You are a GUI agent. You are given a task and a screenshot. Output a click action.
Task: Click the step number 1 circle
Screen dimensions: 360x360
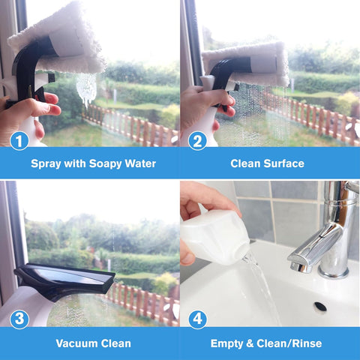19,139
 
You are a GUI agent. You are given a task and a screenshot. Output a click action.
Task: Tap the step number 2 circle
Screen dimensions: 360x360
197,139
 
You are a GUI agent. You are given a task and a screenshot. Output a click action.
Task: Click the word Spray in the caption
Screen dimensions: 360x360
46,163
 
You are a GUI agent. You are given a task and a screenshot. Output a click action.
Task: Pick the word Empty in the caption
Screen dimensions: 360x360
228,343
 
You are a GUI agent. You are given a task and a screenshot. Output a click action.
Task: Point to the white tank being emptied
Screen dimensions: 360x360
214,236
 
